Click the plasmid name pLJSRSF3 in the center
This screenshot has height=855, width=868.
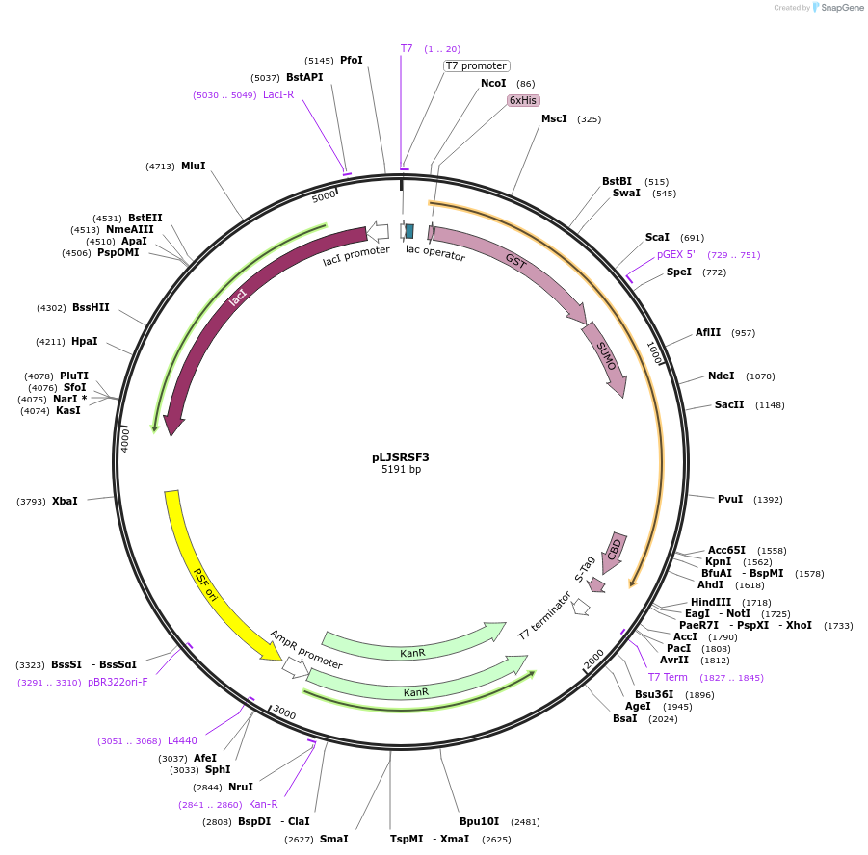pyautogui.click(x=401, y=457)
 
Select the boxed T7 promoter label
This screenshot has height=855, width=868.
pyautogui.click(x=476, y=65)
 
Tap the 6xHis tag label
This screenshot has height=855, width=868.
pyautogui.click(x=524, y=100)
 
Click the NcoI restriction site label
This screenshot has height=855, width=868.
pyautogui.click(x=493, y=84)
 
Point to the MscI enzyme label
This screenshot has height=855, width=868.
pyautogui.click(x=554, y=118)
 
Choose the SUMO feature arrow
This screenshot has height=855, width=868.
pyautogui.click(x=605, y=358)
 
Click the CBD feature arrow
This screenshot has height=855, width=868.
pyautogui.click(x=615, y=548)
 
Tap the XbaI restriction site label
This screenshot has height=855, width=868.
pyautogui.click(x=65, y=501)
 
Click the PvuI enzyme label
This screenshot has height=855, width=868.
pyautogui.click(x=730, y=499)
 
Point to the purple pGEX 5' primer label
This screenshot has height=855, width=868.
pyautogui.click(x=676, y=255)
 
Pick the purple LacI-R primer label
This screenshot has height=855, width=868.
pyautogui.click(x=278, y=94)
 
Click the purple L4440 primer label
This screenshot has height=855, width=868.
pyautogui.click(x=182, y=740)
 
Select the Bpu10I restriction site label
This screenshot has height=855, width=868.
pyautogui.click(x=479, y=821)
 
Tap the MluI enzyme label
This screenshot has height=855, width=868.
pyautogui.click(x=194, y=166)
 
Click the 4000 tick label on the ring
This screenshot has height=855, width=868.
pyautogui.click(x=124, y=439)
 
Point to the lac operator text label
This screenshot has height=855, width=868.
pyautogui.click(x=435, y=253)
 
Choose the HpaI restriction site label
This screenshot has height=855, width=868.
pyautogui.click(x=85, y=341)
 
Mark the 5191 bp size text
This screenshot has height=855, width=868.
pyautogui.click(x=401, y=470)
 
